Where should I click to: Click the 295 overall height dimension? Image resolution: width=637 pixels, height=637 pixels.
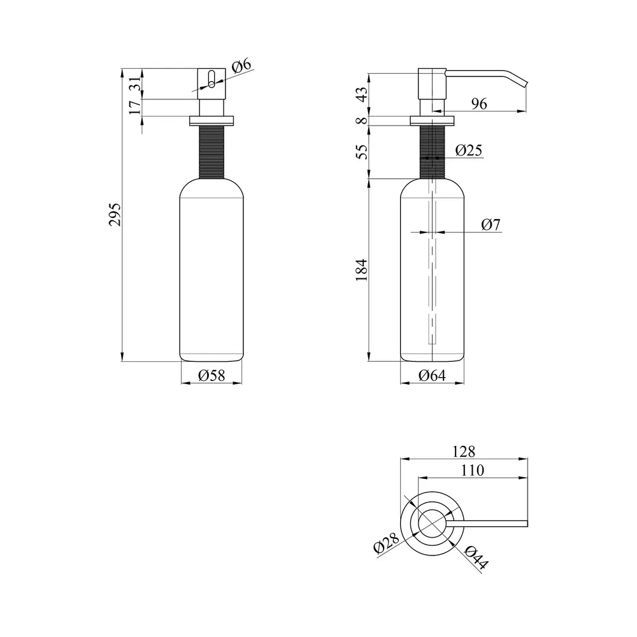pyautogui.click(x=115, y=215)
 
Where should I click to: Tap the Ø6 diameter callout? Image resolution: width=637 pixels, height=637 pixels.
pyautogui.click(x=241, y=66)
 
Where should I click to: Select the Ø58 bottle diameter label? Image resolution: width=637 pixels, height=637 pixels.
pyautogui.click(x=211, y=375)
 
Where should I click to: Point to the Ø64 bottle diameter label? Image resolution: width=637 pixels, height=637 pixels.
pyautogui.click(x=432, y=375)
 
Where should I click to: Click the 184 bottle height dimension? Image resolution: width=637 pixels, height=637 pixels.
pyautogui.click(x=361, y=269)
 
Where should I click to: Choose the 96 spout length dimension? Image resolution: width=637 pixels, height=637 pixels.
pyautogui.click(x=479, y=104)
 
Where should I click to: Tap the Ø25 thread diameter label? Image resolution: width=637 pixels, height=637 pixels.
pyautogui.click(x=468, y=150)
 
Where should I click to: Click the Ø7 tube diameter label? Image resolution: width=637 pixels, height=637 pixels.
pyautogui.click(x=490, y=224)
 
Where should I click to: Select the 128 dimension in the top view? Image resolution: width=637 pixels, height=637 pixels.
pyautogui.click(x=464, y=452)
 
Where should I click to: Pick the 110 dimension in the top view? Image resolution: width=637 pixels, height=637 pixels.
pyautogui.click(x=473, y=470)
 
